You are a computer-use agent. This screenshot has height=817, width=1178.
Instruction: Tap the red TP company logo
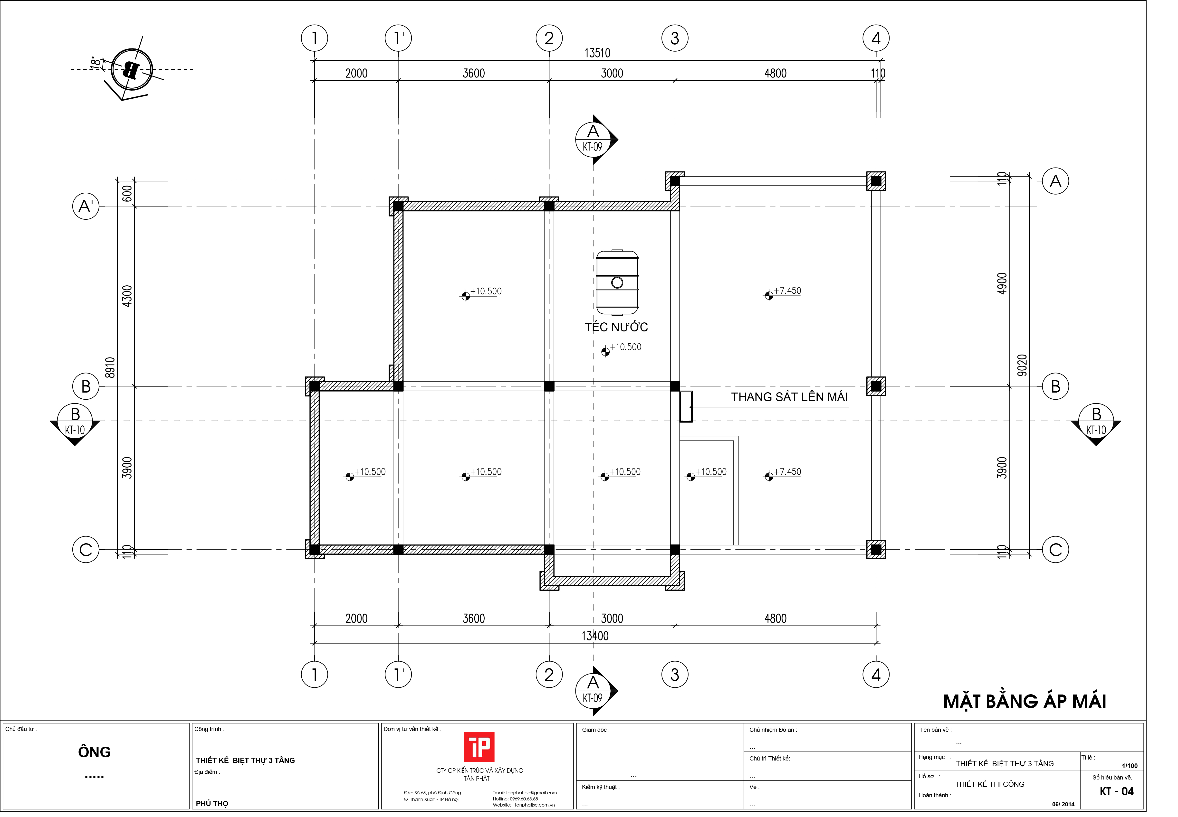[479, 747]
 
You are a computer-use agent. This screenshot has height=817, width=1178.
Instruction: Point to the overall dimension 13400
[595, 636]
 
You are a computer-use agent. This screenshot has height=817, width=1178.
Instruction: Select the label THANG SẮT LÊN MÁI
[789, 397]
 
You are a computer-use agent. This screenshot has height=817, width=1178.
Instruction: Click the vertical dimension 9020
[1022, 365]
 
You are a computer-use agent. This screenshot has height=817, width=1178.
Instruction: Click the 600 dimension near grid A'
[127, 194]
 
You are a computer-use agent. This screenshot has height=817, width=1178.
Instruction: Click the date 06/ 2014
[1063, 804]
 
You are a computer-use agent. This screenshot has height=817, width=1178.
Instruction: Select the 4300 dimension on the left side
[127, 296]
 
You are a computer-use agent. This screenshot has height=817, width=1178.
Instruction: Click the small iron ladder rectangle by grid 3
[686, 406]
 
